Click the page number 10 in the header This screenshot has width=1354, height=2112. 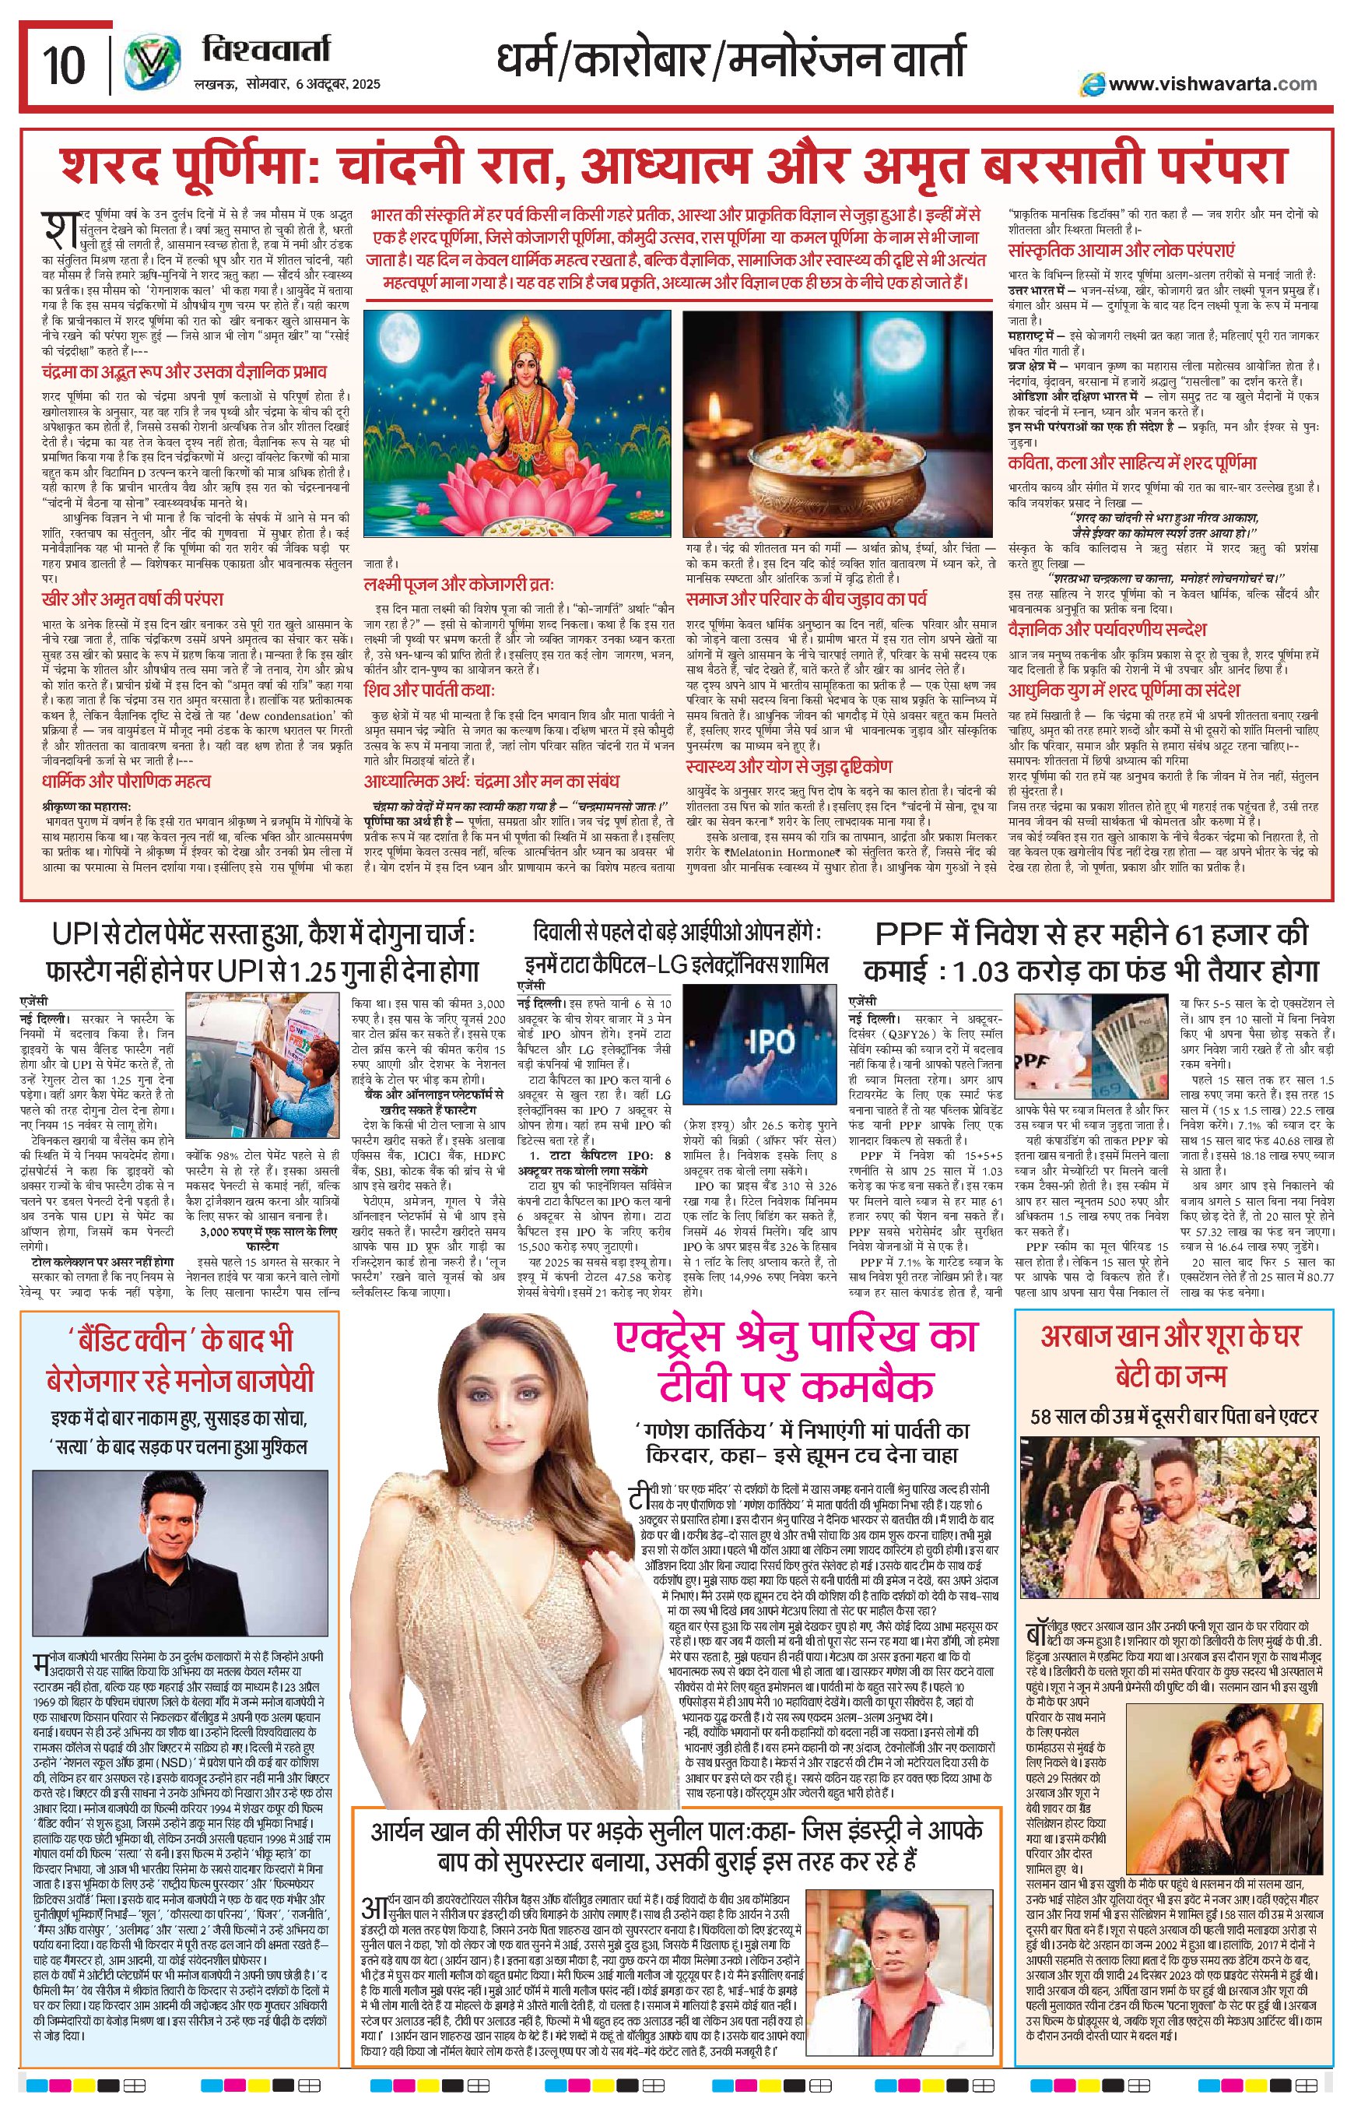point(63,65)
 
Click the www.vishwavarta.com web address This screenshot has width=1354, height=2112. point(1211,83)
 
